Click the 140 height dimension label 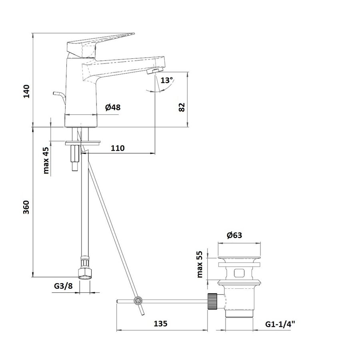(x=27, y=91)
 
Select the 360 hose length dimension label (x=26, y=207)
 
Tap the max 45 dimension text (x=46, y=160)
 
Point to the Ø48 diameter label (x=113, y=107)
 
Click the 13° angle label (x=166, y=80)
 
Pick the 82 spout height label (x=182, y=107)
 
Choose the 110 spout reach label (x=118, y=148)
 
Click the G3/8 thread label (x=63, y=286)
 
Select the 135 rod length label (x=160, y=324)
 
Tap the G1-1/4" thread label (x=280, y=324)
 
